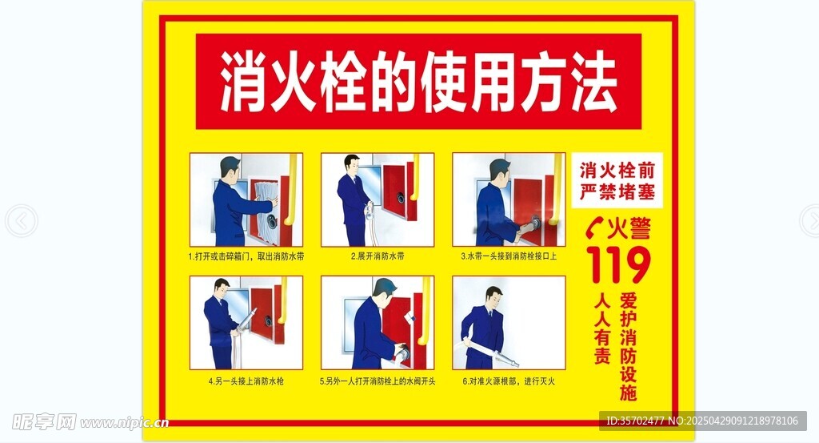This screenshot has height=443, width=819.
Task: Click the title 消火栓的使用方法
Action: point(418,83)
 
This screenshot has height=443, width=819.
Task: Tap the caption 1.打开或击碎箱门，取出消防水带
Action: point(246,257)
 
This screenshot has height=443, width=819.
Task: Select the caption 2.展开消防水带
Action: point(378,257)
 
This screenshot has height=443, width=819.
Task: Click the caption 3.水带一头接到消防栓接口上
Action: point(509,257)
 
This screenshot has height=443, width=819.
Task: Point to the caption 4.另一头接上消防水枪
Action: point(246,381)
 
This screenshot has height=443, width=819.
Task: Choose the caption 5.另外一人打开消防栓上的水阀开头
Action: point(378,381)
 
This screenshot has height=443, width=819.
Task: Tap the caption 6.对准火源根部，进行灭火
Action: point(509,381)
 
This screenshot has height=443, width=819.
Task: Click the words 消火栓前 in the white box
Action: point(617,171)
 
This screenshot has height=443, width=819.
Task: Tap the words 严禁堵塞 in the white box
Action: point(617,192)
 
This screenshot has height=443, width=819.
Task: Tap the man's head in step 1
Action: point(230,168)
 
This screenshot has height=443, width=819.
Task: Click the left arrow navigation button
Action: point(21,221)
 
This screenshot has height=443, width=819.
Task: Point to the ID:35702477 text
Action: point(635,421)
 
